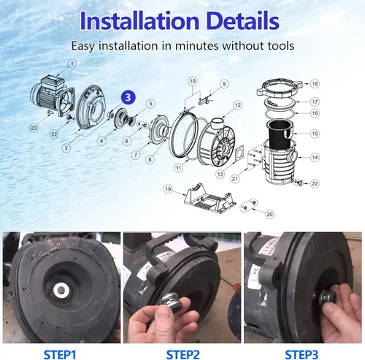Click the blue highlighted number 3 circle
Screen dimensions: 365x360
[x=128, y=98]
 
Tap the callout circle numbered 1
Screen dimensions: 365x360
[x=72, y=64]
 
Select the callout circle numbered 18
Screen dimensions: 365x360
[x=315, y=84]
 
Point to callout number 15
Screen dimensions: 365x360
[x=315, y=134]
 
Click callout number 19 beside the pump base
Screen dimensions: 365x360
[x=168, y=189]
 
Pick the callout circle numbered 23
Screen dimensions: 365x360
[x=34, y=128]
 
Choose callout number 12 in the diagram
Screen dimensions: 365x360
[x=237, y=105]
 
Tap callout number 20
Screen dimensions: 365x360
[x=269, y=214]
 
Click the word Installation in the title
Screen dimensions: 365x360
[x=139, y=21]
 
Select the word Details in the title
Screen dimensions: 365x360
[x=244, y=21]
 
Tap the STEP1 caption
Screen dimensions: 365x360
[x=60, y=354]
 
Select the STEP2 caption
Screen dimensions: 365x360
[x=182, y=354]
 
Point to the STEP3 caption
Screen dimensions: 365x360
[x=301, y=354]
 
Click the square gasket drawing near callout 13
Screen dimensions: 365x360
[x=238, y=153]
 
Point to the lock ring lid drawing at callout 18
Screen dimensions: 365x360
[x=280, y=87]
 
